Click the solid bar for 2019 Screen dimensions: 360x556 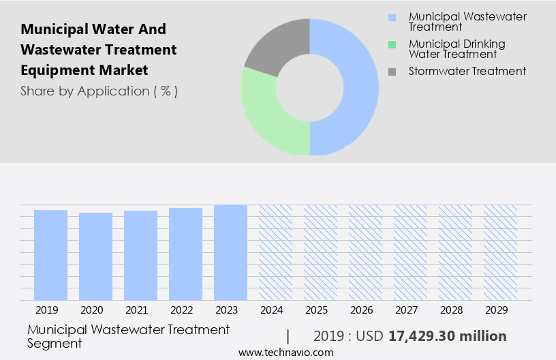click(51, 255)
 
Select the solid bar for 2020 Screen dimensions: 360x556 click(95, 256)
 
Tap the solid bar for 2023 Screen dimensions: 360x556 click(230, 252)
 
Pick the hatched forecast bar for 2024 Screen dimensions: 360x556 click(275, 252)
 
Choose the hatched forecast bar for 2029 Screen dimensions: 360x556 click(500, 252)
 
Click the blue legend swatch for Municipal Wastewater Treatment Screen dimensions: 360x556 click(392, 16)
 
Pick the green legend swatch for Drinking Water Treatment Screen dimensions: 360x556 click(392, 44)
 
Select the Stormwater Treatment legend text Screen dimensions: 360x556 click(467, 71)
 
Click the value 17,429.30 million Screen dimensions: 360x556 click(447, 336)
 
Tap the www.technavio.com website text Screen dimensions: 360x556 click(286, 352)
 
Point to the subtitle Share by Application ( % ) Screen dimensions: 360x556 click(99, 91)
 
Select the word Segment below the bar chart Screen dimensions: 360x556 click(55, 343)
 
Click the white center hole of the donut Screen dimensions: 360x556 click(310, 87)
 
